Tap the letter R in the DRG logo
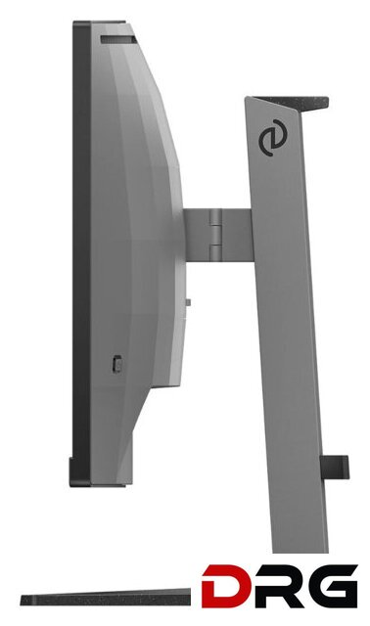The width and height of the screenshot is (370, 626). pyautogui.click(x=273, y=587)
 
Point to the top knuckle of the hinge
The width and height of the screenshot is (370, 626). pyautogui.click(x=215, y=217)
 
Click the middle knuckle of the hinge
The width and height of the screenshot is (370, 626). pyautogui.click(x=215, y=235)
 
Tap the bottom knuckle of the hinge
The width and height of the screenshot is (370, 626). pyautogui.click(x=215, y=252)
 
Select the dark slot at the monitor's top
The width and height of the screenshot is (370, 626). pyautogui.click(x=118, y=39)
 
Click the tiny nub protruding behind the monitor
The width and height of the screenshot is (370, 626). pyautogui.click(x=188, y=302)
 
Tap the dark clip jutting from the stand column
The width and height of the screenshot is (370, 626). pyautogui.click(x=335, y=468)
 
